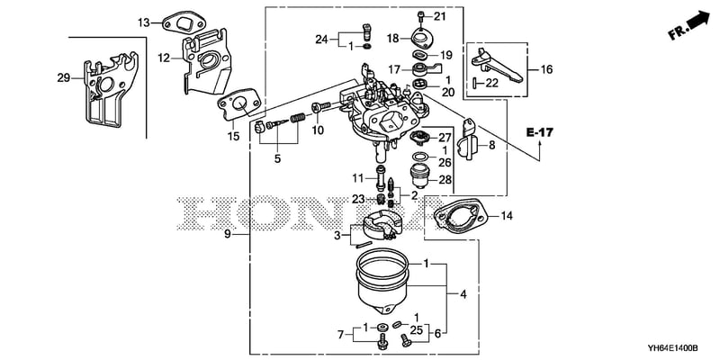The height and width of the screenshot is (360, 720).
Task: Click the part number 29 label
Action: [x=63, y=78]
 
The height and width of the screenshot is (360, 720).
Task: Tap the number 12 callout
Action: [x=164, y=58]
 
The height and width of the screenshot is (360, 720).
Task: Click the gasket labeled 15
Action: [x=241, y=105]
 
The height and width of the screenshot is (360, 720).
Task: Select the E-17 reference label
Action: [x=539, y=132]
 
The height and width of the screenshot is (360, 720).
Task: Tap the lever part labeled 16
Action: [x=496, y=65]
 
